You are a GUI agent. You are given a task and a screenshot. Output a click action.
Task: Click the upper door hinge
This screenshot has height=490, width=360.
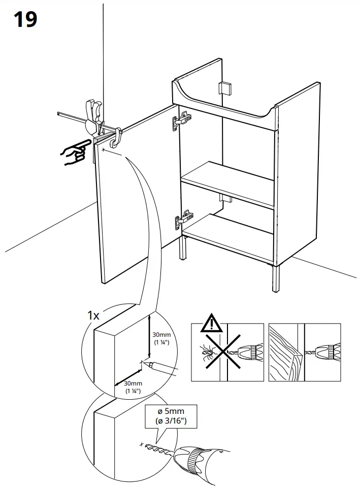point(182,120)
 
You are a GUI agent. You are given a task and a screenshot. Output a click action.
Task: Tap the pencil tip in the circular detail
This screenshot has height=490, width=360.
point(147,364)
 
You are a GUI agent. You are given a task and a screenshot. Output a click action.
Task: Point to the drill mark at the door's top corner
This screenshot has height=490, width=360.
point(104,150)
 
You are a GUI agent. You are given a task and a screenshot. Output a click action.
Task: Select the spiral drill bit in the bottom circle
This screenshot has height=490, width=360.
point(158,449)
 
